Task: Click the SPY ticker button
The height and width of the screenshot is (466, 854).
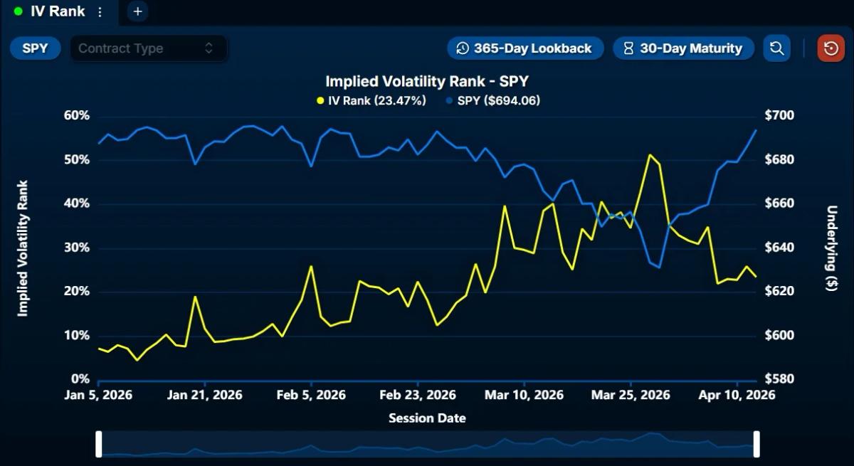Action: [x=35, y=48]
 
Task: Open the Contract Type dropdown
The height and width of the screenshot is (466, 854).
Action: [x=148, y=48]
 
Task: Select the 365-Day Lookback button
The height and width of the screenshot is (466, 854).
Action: [x=525, y=48]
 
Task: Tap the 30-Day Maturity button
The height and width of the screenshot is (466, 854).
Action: [x=683, y=48]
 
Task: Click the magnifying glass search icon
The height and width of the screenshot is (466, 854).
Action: [x=776, y=48]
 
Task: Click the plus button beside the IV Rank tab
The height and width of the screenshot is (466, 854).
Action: [x=138, y=11]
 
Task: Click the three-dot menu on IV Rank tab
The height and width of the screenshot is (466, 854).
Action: [x=100, y=12]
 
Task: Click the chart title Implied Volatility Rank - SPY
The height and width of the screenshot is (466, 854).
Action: [x=427, y=81]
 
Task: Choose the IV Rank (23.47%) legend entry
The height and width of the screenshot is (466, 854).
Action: [x=371, y=100]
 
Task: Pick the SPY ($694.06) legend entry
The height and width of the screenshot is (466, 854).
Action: [x=493, y=100]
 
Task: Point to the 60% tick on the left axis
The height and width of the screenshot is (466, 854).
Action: [x=77, y=116]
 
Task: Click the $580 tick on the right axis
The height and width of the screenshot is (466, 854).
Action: [x=779, y=379]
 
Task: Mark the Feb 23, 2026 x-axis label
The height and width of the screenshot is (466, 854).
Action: [x=418, y=396]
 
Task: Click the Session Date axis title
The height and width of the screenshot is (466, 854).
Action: [x=427, y=418]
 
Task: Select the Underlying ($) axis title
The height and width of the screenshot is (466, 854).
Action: [x=831, y=248]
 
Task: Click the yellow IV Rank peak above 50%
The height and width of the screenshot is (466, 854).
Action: [x=649, y=154]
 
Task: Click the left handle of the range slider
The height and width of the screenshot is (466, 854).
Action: [x=99, y=444]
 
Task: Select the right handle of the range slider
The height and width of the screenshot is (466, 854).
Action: [x=757, y=444]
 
